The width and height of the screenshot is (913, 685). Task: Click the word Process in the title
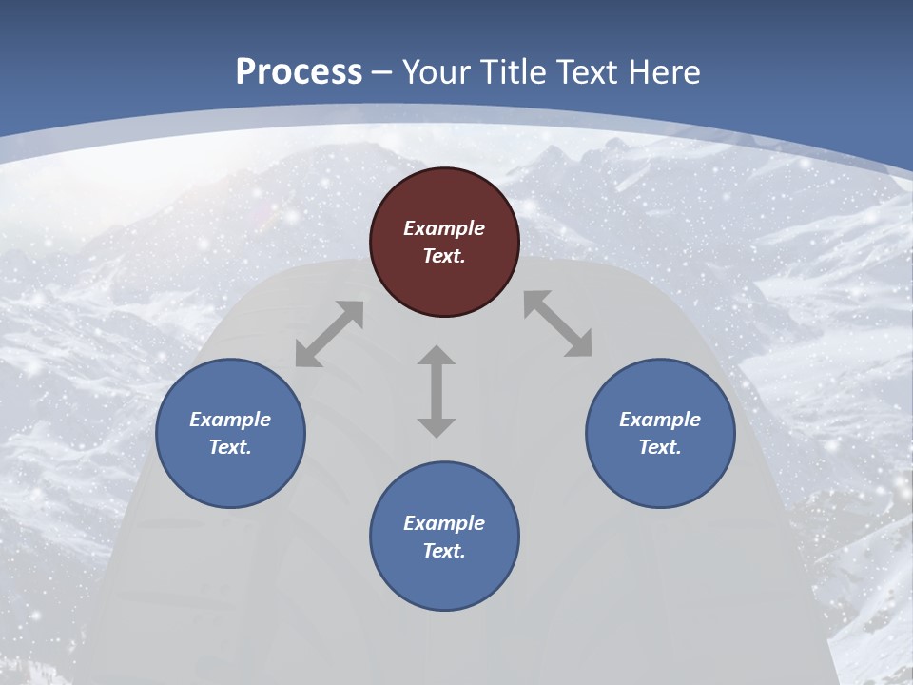click(299, 71)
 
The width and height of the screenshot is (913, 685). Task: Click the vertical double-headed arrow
click(437, 391)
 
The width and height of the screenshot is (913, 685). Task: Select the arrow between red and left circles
click(329, 334)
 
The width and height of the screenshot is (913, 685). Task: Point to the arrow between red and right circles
click(558, 323)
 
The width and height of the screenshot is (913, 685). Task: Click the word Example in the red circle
click(444, 228)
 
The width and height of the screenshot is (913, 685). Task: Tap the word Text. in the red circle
click(444, 256)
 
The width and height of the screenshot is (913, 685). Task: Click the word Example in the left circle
click(230, 420)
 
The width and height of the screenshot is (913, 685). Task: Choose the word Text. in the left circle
click(230, 447)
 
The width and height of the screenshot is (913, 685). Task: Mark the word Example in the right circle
click(660, 420)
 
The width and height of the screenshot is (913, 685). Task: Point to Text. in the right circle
click(660, 447)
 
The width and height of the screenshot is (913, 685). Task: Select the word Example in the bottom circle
click(444, 523)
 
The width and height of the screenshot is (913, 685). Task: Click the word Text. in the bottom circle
click(444, 551)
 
